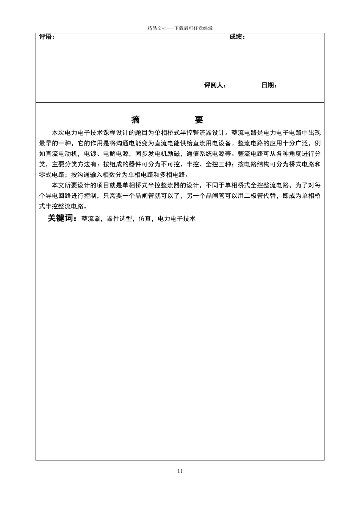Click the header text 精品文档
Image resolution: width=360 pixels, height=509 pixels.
pos(157,28)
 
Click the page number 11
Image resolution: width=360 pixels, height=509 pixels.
pos(180,471)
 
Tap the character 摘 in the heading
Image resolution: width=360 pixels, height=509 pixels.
pos(135,120)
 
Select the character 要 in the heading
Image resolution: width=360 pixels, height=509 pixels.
pos(199,120)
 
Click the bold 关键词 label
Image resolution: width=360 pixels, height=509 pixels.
pos(62,219)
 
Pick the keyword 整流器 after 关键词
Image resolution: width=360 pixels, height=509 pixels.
pos(91,219)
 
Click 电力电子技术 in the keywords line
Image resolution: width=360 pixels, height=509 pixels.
pos(177,219)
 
